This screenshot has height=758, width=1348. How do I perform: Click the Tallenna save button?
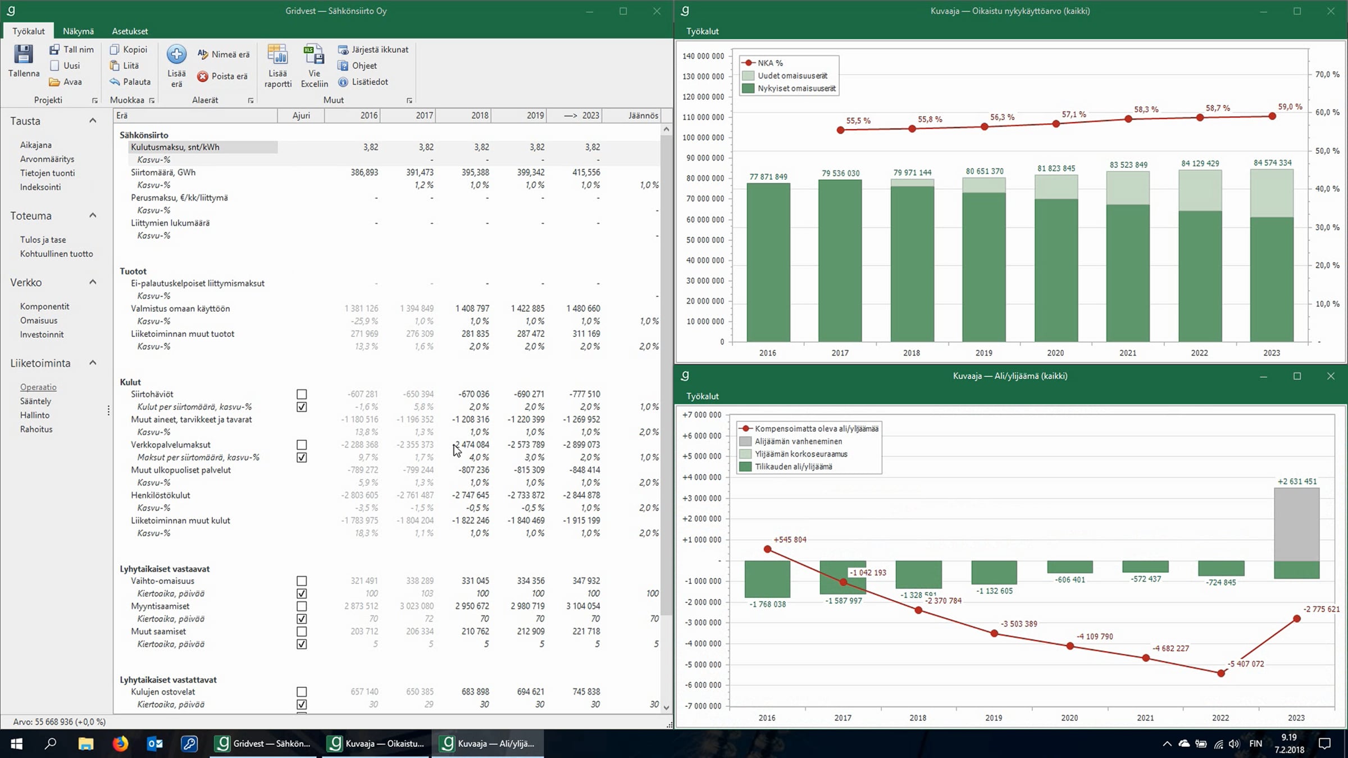click(24, 61)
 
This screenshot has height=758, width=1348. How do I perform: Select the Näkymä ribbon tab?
click(78, 31)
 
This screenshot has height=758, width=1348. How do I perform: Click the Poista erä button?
click(222, 76)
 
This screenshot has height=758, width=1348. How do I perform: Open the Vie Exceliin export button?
click(314, 66)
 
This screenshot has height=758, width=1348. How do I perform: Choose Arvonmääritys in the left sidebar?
click(47, 159)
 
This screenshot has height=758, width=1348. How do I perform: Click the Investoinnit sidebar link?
click(42, 335)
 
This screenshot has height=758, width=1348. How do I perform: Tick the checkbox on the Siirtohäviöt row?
click(302, 394)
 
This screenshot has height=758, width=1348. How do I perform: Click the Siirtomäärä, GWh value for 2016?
click(365, 172)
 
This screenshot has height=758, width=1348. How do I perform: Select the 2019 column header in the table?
click(535, 115)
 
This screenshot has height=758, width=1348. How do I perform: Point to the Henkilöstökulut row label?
click(161, 495)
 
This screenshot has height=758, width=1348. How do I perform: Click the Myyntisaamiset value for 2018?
click(475, 606)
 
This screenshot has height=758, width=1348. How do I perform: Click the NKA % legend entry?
click(763, 63)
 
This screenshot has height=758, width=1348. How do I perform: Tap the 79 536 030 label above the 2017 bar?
click(840, 173)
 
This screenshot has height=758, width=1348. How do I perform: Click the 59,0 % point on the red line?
click(1272, 116)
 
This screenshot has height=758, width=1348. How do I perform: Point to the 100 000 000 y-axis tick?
click(703, 138)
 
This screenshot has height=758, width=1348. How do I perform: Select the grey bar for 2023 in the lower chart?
click(1296, 524)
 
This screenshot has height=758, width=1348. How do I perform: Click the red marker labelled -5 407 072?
click(1221, 673)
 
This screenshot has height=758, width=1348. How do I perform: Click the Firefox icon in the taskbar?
click(120, 744)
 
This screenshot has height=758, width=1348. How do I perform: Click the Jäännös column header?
click(643, 115)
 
